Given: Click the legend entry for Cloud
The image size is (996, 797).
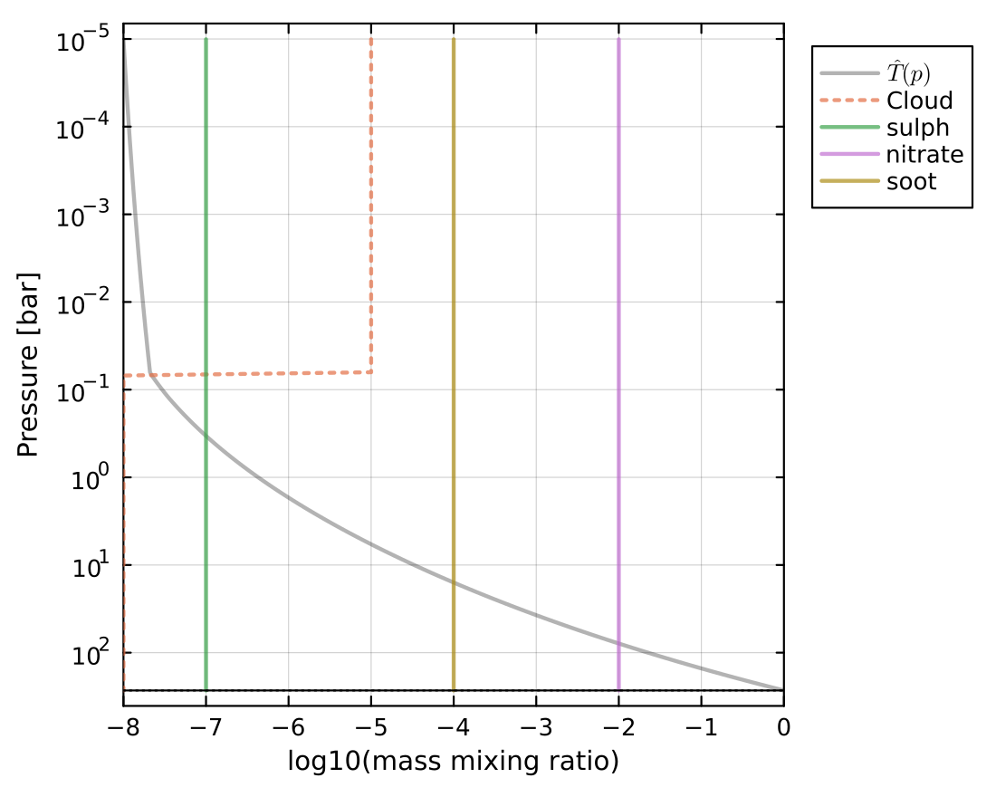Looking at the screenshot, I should click(x=919, y=101).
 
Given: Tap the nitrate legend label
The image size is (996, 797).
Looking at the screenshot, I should click(x=924, y=155).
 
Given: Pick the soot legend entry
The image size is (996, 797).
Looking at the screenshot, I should click(x=912, y=181).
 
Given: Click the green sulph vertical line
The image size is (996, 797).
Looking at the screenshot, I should click(x=206, y=272).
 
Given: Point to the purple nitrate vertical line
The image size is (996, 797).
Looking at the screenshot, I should click(x=618, y=272).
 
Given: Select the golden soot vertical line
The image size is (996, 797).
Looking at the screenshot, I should click(x=454, y=272).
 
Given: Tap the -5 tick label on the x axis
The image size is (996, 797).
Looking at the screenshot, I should click(x=371, y=727).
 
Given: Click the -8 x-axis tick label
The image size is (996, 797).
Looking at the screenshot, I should click(x=123, y=727).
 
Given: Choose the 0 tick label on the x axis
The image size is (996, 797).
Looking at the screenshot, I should click(x=783, y=727).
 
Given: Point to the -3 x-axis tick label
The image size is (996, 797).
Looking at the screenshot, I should click(x=536, y=727).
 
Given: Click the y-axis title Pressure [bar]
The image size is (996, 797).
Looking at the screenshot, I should click(x=29, y=362).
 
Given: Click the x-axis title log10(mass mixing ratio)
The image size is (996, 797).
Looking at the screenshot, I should click(x=453, y=762).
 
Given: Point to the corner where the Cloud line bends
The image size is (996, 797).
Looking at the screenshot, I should click(x=371, y=372).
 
